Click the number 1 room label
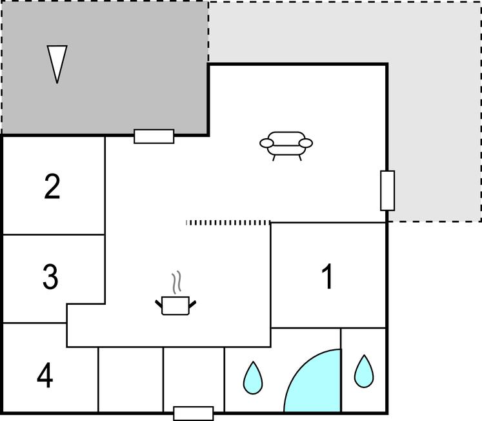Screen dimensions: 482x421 point(327,276)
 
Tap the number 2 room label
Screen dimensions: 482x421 point(52,187)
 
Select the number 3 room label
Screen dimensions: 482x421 point(50,277)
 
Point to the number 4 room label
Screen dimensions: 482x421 point(45,375)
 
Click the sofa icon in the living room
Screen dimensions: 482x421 point(286,146)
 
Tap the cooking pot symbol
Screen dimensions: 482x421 point(176,305)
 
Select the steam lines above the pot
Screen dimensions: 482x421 point(176,282)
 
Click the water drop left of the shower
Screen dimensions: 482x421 point(253,378)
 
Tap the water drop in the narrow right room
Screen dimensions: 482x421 point(364,371)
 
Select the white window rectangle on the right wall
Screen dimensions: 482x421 point(387,190)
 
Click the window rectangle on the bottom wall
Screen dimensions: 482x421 point(194,413)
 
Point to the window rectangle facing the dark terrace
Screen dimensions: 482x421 point(154,136)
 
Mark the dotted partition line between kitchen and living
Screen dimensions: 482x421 point(228,223)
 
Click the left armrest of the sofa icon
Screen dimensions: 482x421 point(266,143)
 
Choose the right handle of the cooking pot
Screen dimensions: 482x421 point(192,304)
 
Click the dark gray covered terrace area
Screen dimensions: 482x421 point(105,68)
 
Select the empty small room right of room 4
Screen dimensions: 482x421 point(130,380)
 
